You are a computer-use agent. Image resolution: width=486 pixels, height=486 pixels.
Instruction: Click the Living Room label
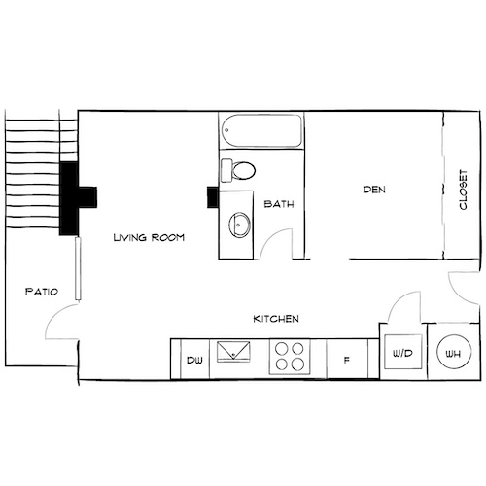tap(148, 236)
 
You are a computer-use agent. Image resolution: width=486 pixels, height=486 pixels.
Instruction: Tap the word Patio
tap(41, 291)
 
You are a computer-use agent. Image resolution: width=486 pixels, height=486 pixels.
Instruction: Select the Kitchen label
tap(275, 319)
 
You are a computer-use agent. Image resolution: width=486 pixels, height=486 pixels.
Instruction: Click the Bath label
tap(279, 204)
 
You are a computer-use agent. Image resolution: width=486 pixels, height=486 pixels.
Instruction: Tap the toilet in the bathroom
tap(240, 171)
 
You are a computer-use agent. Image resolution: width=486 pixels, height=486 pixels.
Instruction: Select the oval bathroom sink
tap(237, 226)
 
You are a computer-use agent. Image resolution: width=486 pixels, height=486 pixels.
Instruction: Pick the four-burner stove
tap(288, 357)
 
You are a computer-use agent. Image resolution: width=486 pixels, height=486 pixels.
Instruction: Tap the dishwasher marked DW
tap(192, 360)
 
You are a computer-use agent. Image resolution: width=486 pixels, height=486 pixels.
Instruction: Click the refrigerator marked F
tap(347, 360)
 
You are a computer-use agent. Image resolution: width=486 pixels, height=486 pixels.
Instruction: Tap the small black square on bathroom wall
tap(213, 195)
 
